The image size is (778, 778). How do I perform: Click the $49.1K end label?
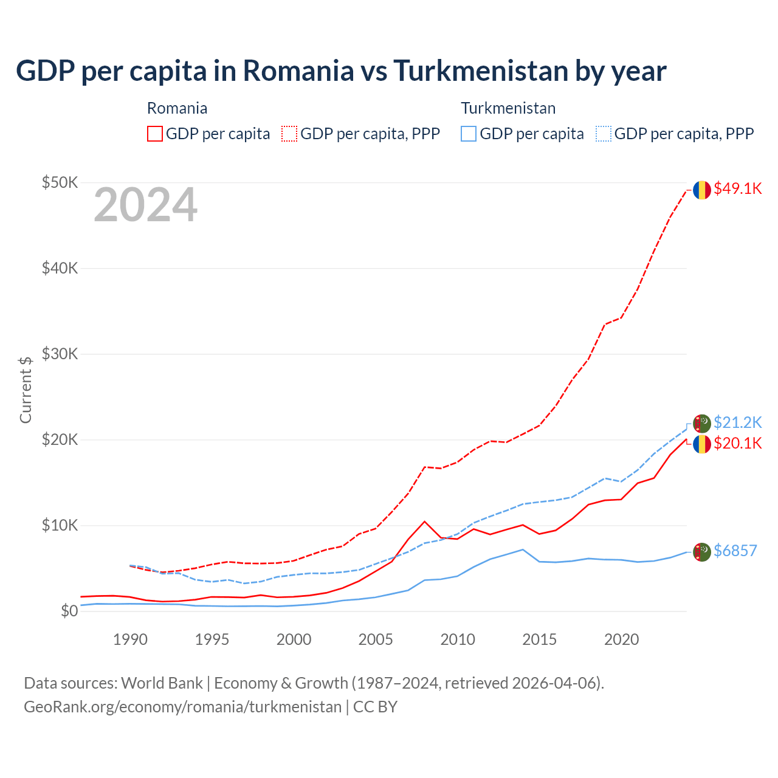tap(737, 189)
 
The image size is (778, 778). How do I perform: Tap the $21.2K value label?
tap(737, 422)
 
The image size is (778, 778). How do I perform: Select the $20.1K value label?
tap(737, 443)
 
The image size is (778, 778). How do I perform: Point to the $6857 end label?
tap(735, 551)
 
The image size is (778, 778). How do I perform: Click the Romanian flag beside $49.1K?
tap(702, 190)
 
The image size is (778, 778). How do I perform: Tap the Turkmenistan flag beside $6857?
tap(702, 551)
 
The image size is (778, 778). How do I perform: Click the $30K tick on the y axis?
tap(60, 354)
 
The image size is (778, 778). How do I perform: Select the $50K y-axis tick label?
tap(60, 182)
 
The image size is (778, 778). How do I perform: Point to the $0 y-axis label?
tap(69, 611)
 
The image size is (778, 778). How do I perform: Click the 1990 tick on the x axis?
tap(130, 639)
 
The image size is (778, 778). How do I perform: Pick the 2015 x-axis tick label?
tap(539, 639)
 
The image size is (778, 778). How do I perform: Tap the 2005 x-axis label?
tap(376, 639)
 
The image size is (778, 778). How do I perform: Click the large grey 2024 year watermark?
tap(145, 205)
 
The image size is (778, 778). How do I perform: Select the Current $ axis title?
tap(26, 390)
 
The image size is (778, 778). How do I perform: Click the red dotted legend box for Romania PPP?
tap(289, 134)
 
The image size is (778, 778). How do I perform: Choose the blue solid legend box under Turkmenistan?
tap(468, 134)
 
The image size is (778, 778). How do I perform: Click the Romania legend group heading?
tap(177, 108)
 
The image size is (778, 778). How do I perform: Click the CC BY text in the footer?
tap(375, 707)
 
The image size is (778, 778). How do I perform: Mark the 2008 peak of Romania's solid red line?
tap(425, 522)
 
